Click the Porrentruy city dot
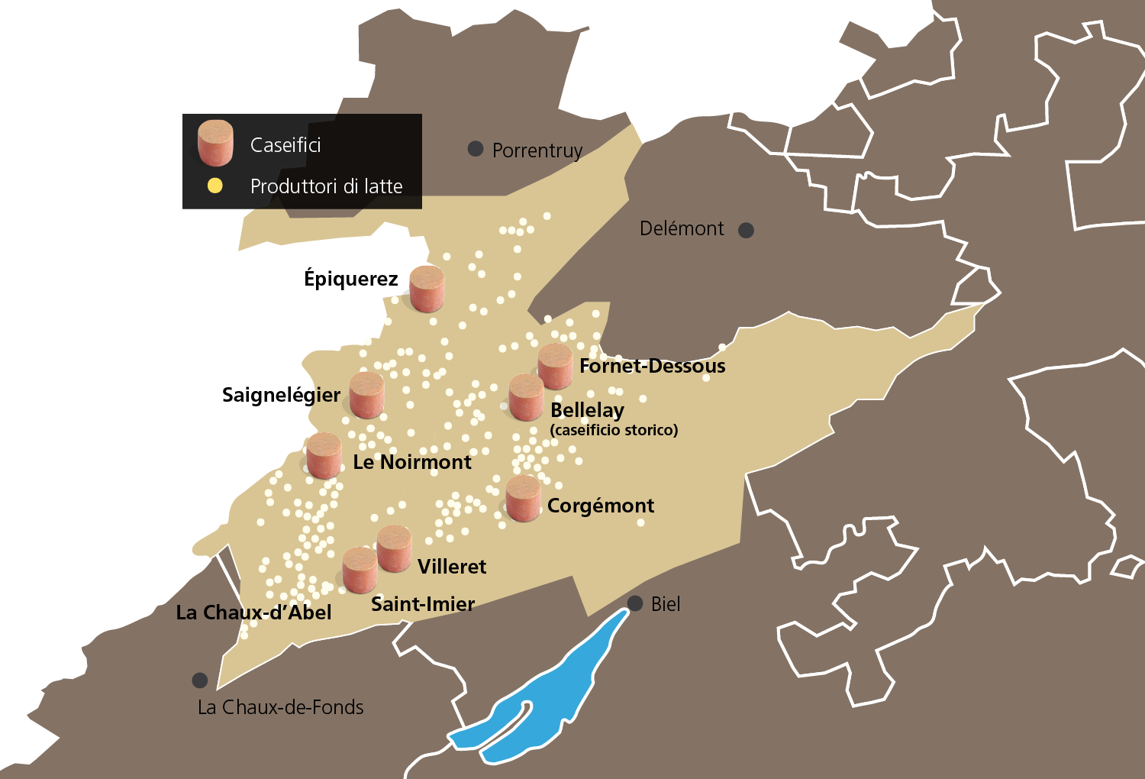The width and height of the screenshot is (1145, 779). [476, 149]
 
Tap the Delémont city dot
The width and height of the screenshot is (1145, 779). [747, 230]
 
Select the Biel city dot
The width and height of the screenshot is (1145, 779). [635, 603]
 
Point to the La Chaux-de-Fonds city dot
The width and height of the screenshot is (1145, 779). [200, 680]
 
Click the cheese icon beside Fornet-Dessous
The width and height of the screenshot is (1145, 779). [555, 367]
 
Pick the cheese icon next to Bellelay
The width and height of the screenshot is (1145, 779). [527, 397]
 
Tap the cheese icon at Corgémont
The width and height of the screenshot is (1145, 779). [523, 499]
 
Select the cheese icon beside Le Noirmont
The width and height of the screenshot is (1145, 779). [324, 456]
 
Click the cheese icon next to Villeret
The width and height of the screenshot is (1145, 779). [395, 548]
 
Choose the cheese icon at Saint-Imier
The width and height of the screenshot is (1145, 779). [360, 570]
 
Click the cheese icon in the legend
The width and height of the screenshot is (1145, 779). [215, 143]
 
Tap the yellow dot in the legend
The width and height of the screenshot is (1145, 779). [215, 186]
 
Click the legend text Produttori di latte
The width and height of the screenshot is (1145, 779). [326, 186]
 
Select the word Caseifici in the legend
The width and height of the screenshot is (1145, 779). [285, 145]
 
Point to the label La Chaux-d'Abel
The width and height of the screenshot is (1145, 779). [253, 613]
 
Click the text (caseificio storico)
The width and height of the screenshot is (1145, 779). [614, 430]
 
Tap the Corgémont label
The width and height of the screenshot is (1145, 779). [601, 506]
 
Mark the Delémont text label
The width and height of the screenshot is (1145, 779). [682, 228]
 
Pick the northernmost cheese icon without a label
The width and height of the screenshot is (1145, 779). [427, 289]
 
